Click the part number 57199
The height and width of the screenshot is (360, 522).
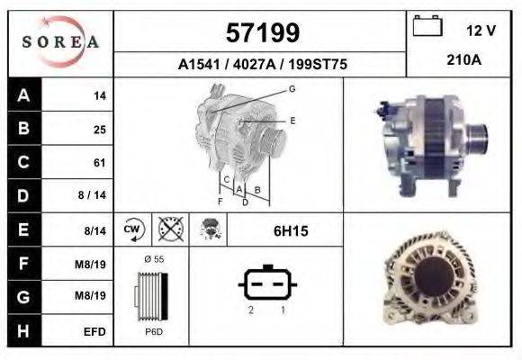pos(261,34)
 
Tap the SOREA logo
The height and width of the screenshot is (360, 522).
pos(60,42)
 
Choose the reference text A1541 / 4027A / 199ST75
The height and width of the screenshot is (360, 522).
pos(260,65)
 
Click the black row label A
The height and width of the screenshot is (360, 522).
pos(22,94)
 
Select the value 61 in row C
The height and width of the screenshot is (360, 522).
pos(99,163)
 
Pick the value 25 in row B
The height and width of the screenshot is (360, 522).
pos(99,129)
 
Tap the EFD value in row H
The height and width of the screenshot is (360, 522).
pos(95,332)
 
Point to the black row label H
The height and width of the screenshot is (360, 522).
pos(22,331)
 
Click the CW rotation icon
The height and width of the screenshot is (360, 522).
pos(132,230)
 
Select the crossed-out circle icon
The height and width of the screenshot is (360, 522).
pos(168,230)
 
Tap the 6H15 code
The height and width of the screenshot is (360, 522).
pos(290,231)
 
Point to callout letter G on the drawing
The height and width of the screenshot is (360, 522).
pos(292,88)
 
